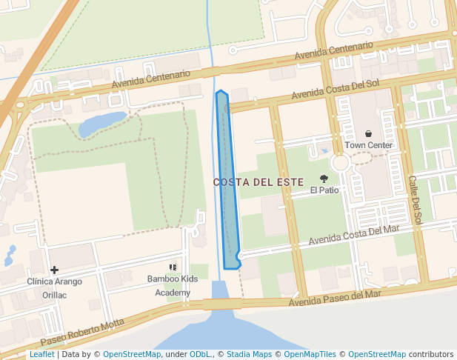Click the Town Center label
coord(368,145)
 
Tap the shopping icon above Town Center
coord(368,134)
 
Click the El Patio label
coord(324,190)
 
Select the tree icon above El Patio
coord(324,179)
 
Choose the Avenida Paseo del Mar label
coord(335,298)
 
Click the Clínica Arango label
coord(55,281)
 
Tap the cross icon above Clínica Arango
coord(54,270)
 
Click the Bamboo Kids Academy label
coord(173,285)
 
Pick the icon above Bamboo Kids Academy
coord(173,267)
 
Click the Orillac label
coord(55,295)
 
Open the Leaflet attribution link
coord(41,355)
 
